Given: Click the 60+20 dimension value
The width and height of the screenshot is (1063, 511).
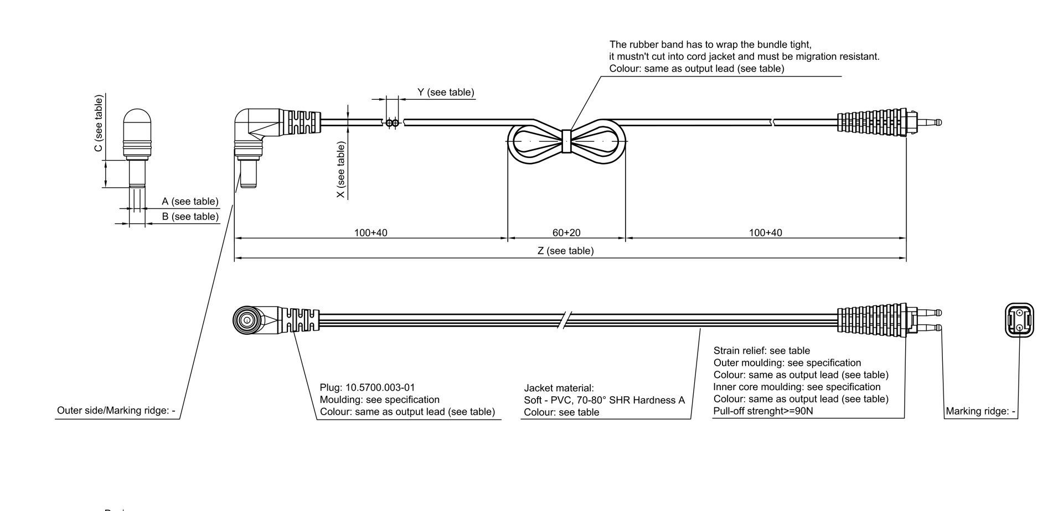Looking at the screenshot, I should point(566,233).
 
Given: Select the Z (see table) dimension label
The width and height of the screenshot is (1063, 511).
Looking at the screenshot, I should point(565,251).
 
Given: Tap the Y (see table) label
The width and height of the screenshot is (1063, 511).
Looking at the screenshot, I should point(446,92).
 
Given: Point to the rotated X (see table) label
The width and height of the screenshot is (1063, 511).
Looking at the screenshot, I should point(341,170).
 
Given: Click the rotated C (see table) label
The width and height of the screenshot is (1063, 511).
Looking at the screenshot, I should point(99,123).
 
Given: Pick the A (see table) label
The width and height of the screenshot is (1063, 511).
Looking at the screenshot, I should point(190,201).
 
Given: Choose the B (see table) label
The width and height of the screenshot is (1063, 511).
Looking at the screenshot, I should point(190,216).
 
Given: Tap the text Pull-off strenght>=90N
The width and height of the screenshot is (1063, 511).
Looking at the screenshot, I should point(763,411).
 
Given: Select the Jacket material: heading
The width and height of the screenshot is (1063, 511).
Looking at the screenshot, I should point(559,388).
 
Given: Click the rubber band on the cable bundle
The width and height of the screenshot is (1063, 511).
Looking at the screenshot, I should point(566,141).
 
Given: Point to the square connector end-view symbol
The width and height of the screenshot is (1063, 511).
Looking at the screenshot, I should point(1019,320).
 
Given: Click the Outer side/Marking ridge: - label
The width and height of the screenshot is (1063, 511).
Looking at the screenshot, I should point(116,411).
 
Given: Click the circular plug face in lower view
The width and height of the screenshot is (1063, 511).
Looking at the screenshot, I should point(244,320).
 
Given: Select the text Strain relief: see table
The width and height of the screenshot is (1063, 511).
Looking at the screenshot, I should point(761,350).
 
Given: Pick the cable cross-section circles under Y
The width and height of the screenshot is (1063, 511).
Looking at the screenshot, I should point(392,122).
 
